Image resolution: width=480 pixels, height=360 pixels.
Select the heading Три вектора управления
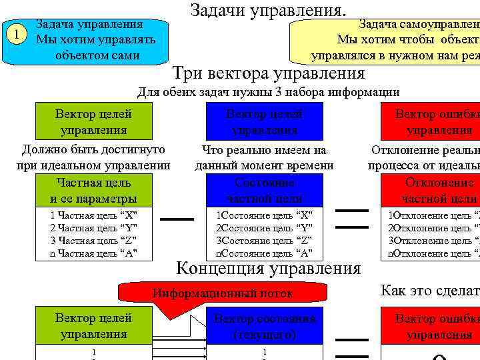point(269,73)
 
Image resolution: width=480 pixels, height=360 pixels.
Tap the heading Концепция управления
point(268,269)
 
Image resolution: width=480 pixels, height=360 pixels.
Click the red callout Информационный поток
point(223,293)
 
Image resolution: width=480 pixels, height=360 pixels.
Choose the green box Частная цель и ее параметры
point(93,190)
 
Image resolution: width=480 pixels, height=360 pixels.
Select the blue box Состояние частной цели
point(264,190)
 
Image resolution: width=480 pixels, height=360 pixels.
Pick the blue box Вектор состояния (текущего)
point(264,326)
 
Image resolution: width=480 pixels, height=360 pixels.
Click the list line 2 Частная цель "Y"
point(93,228)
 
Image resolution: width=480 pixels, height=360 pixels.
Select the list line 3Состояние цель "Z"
point(264,241)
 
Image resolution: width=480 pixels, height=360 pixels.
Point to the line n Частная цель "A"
point(93,253)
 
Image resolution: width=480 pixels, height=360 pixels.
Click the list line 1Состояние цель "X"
point(264,215)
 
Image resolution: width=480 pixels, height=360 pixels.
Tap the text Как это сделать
point(429,290)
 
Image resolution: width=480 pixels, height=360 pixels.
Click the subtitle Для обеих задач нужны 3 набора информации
point(268,92)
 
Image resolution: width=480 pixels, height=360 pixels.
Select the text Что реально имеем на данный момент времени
point(264,158)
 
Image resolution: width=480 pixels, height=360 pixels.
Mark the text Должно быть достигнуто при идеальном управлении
point(93,157)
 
